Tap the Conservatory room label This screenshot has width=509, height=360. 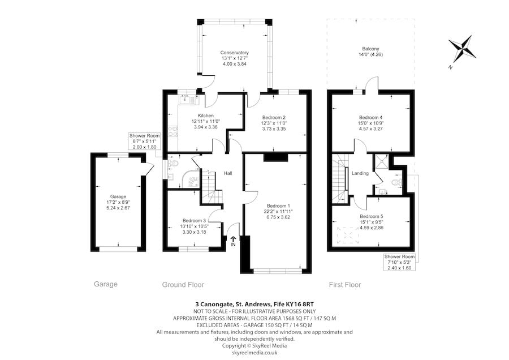pos(235,53)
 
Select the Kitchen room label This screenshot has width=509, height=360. pos(205,116)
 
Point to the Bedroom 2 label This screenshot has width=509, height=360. pos(273,117)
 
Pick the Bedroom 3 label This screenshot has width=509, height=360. pos(193,220)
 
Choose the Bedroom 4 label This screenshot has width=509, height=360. pos(370,117)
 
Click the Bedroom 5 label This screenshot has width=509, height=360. pos(371,216)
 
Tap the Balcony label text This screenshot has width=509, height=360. pos(370,49)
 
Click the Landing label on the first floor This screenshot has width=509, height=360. pos(360,173)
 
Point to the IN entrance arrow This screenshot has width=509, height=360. pos(233,242)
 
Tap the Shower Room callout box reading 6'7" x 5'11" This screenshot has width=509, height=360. pos(145,142)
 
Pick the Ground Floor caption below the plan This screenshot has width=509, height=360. pos(183,285)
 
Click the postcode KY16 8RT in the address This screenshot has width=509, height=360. pos(301,304)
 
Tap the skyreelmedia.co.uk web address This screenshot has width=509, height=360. pos(255,352)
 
